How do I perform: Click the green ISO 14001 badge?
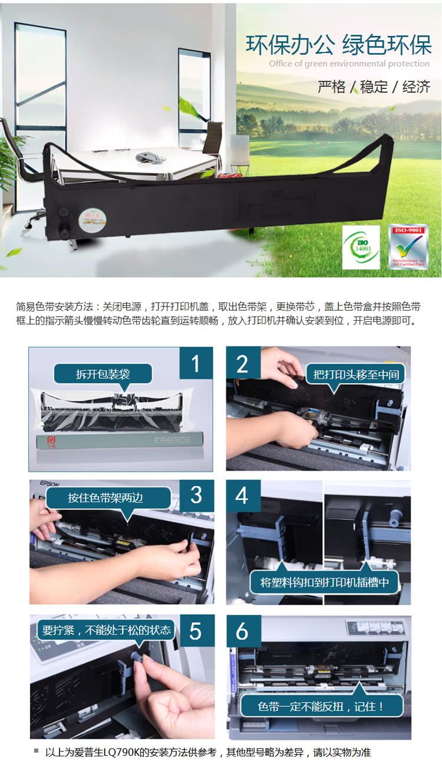coord(361,248)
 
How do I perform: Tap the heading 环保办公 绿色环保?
coord(338,45)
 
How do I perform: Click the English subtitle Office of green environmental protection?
coord(349,64)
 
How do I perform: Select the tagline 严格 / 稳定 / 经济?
coord(374,87)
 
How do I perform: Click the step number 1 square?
coord(196,364)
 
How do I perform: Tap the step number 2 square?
coord(243,364)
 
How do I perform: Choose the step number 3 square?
coord(196,496)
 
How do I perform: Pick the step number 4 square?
coord(243,496)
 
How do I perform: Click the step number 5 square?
coord(196,631)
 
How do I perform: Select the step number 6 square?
coord(243,631)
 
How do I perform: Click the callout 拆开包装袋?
coord(103,374)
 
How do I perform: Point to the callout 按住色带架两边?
coord(105,498)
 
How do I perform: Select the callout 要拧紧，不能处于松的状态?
coord(107,630)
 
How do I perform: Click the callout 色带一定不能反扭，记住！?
coord(321,706)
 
